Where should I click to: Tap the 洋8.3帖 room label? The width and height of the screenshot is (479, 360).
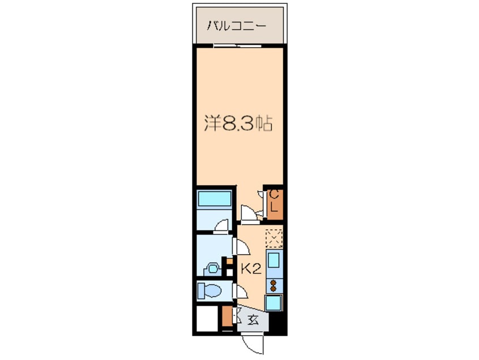pyautogui.click(x=238, y=122)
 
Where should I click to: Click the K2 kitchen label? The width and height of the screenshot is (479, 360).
pyautogui.click(x=251, y=269)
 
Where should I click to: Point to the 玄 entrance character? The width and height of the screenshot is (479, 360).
pyautogui.click(x=253, y=320)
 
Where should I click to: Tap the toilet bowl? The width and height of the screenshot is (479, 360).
pyautogui.click(x=209, y=291)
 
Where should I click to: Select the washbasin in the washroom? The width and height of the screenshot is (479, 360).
pyautogui.click(x=213, y=267)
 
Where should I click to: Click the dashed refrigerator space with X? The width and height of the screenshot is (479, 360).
pyautogui.click(x=274, y=238)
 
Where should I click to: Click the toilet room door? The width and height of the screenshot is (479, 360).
pyautogui.click(x=240, y=292)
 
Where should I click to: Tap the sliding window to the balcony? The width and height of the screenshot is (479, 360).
pyautogui.click(x=238, y=45)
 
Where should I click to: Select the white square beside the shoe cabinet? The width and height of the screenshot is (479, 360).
pyautogui.click(x=208, y=320)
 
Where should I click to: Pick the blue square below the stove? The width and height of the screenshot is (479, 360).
pyautogui.click(x=274, y=302)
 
